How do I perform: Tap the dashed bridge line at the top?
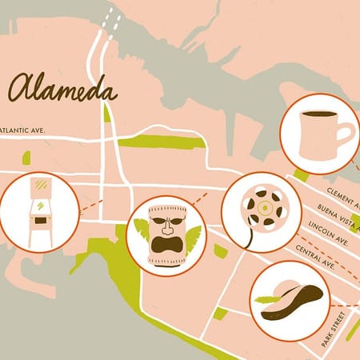[x=111, y=24]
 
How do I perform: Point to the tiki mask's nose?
[x=166, y=227]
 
